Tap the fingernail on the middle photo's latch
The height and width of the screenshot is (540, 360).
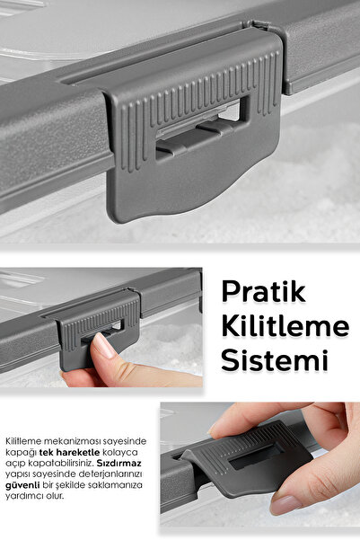105,345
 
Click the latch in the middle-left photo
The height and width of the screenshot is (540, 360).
99,328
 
